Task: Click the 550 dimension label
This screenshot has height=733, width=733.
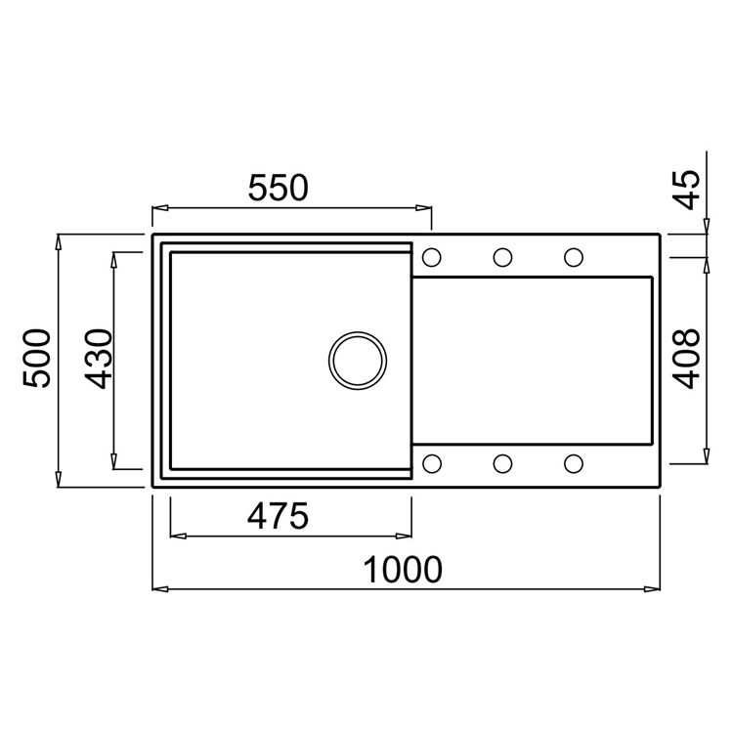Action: tap(279, 188)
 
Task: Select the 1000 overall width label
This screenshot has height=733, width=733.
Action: tap(403, 570)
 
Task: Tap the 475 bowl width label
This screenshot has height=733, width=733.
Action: tap(279, 516)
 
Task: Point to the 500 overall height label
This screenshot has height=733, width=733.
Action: tap(36, 358)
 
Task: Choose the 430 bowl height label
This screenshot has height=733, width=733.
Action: tap(99, 359)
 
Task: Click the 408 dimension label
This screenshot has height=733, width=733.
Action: tap(688, 359)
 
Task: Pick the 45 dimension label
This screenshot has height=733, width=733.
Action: tap(688, 190)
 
